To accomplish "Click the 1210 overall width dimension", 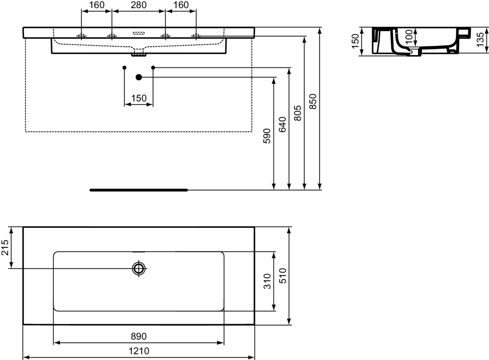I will (139, 351).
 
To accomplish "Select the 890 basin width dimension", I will (139, 336).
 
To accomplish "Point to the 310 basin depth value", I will (267, 281).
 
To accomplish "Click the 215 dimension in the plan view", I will (6, 247).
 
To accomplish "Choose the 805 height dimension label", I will (297, 113).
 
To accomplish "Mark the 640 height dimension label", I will (282, 124).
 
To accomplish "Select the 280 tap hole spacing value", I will (139, 5).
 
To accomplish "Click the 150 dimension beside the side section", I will (355, 41).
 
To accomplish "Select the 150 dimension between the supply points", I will (139, 98).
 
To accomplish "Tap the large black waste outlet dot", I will (139, 77).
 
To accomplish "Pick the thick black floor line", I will (139, 190).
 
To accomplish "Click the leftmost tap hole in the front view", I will (82, 36).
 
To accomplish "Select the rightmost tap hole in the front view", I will (196, 36).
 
